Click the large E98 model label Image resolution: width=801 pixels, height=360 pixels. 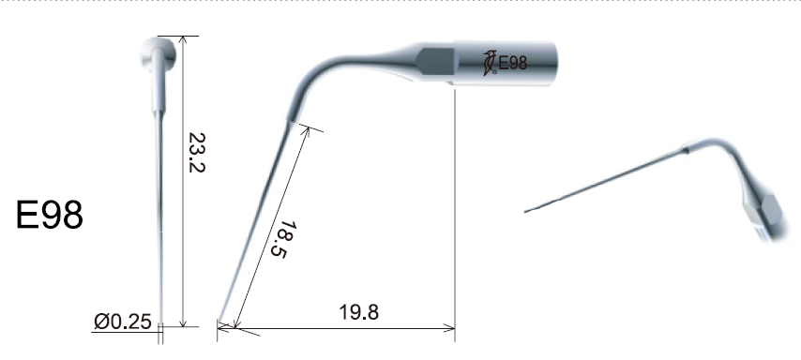point(50,215)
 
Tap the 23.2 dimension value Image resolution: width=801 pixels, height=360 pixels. point(197,153)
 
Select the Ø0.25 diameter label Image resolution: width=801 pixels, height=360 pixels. point(123,322)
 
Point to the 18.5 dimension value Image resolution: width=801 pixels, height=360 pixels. point(289,239)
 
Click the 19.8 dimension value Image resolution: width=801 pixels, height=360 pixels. point(359,312)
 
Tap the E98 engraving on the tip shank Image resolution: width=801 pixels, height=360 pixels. point(512,64)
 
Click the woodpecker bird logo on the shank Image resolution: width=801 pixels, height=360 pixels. point(490,64)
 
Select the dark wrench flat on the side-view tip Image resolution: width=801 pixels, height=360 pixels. point(436,61)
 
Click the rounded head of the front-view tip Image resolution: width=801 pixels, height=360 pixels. point(159,53)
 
